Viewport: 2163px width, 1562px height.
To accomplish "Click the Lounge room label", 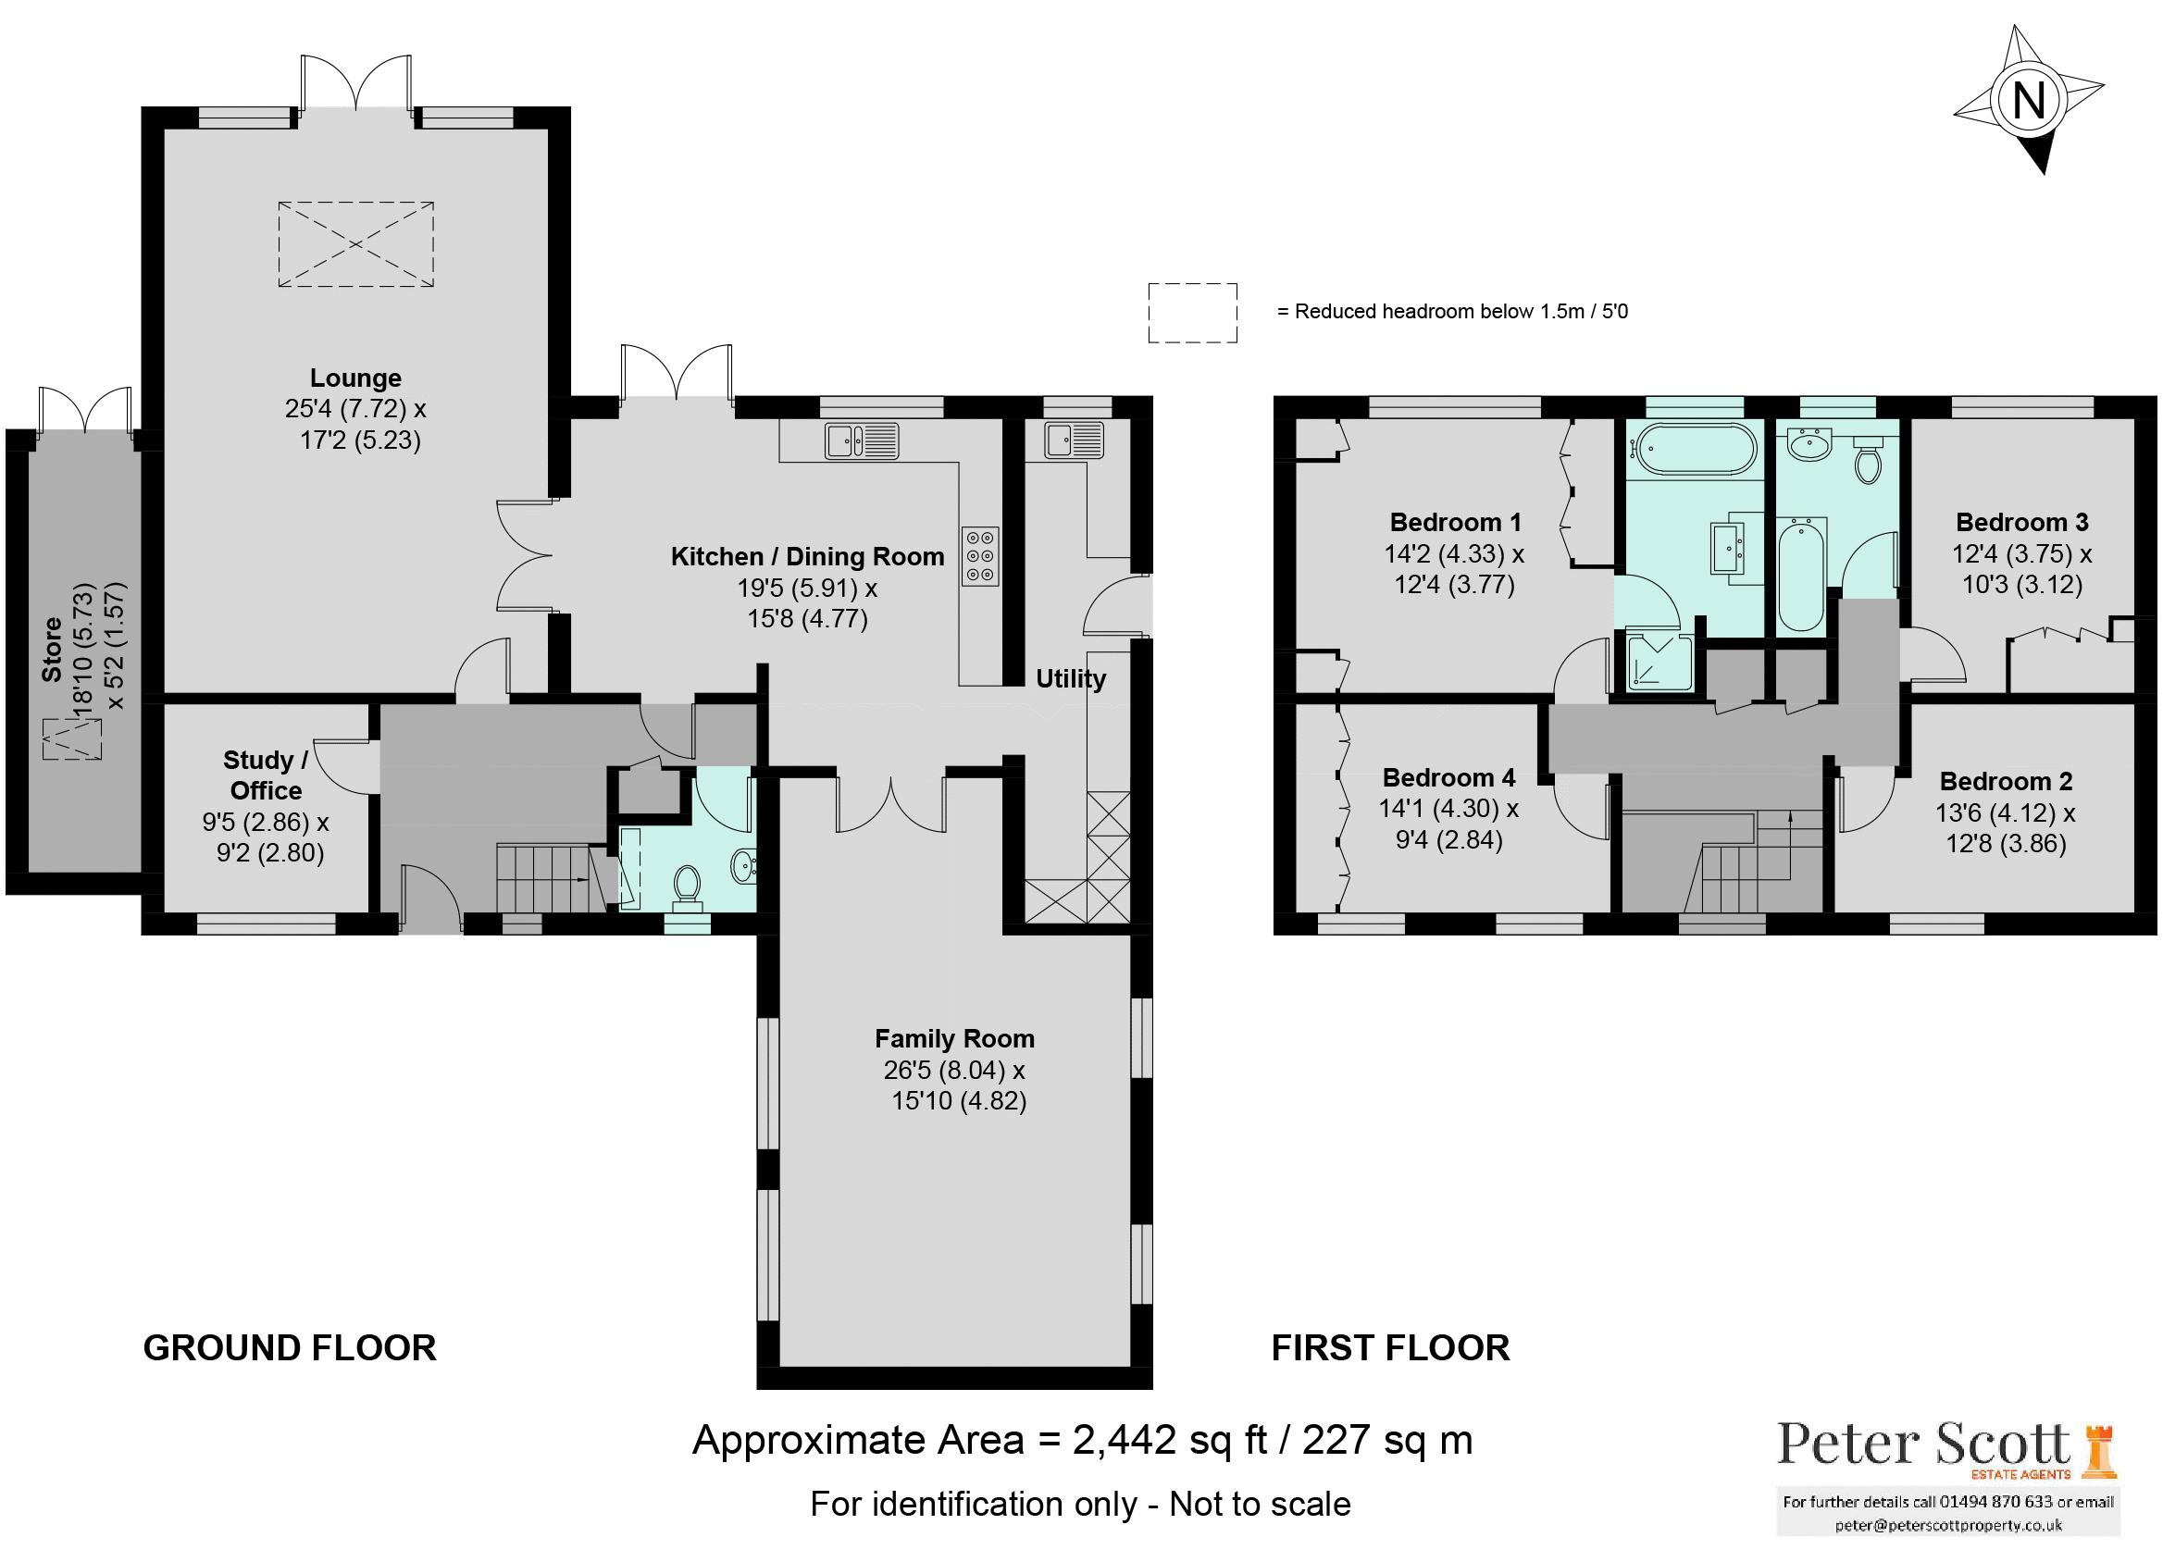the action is [355, 378].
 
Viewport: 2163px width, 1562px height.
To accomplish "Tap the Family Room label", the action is [954, 1038].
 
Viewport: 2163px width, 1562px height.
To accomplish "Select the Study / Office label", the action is [266, 775].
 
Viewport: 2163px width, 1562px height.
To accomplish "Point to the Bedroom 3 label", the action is [2021, 523].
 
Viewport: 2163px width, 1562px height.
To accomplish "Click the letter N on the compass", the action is [2028, 100].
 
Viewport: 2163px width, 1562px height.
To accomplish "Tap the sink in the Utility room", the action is [1074, 440].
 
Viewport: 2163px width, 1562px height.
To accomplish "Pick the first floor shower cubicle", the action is [1659, 662].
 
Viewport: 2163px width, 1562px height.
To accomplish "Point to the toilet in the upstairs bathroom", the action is [1868, 463].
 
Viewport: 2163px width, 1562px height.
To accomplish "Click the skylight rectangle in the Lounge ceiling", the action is [355, 244].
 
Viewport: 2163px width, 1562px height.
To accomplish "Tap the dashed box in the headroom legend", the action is [1192, 312].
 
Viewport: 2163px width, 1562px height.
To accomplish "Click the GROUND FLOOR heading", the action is [290, 1347].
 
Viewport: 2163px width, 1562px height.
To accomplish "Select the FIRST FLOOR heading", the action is [1390, 1347].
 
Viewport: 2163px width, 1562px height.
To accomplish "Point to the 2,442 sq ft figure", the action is [1171, 1440].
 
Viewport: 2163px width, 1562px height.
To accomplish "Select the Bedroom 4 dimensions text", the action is [1448, 824].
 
